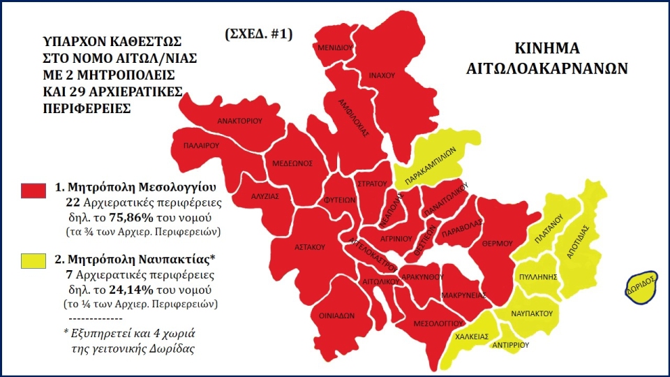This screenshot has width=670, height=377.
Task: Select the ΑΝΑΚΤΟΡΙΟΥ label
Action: pyautogui.click(x=239, y=121)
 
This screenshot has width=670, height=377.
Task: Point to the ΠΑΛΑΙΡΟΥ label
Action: pyautogui.click(x=202, y=147)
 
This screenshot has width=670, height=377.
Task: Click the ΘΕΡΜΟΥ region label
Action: pyautogui.click(x=497, y=243)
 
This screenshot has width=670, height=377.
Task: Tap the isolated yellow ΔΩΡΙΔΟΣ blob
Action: pyautogui.click(x=639, y=288)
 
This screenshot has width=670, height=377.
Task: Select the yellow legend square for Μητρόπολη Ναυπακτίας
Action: pyautogui.click(x=33, y=261)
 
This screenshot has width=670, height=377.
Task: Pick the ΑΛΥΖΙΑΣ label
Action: pyautogui.click(x=265, y=196)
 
